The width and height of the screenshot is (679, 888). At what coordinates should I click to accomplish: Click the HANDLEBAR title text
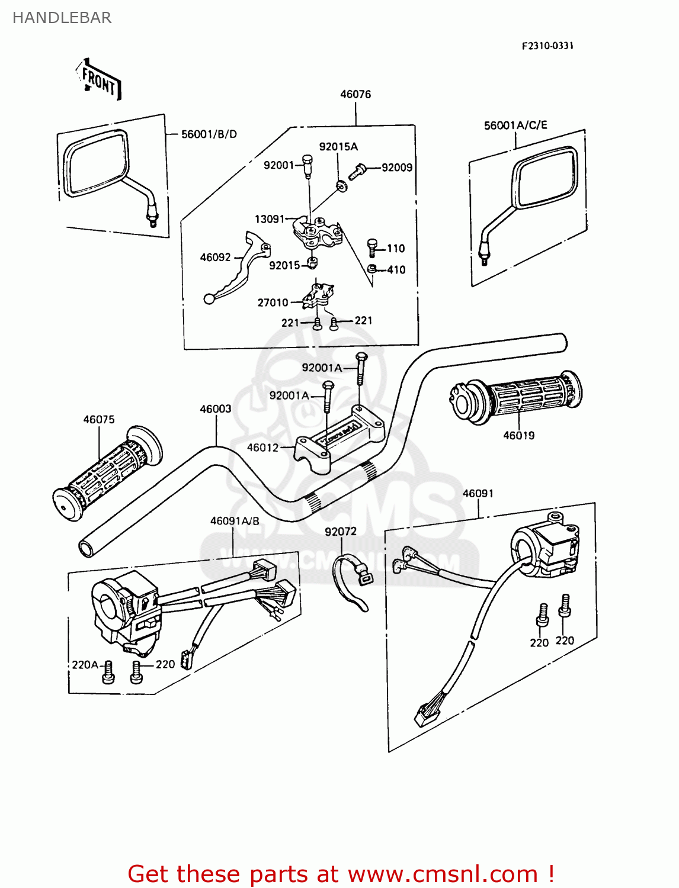[x=62, y=18]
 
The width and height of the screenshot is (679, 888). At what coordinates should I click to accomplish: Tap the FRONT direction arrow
[x=99, y=80]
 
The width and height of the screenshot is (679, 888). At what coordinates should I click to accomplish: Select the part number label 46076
[x=355, y=94]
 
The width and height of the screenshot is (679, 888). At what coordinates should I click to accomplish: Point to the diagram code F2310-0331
[x=547, y=46]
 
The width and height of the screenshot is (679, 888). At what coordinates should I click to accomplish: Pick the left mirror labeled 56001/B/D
[x=98, y=166]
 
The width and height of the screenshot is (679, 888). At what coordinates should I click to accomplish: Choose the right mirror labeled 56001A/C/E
[x=545, y=178]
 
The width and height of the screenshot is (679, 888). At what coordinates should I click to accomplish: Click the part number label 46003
[x=216, y=409]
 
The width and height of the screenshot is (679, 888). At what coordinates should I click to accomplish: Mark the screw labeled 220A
[x=108, y=672]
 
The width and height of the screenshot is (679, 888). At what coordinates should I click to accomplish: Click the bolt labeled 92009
[x=357, y=172]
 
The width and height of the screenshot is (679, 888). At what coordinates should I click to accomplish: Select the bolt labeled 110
[x=373, y=247]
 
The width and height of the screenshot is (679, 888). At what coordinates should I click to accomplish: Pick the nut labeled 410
[x=371, y=270]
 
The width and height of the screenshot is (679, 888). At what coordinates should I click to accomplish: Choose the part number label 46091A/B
[x=235, y=521]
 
